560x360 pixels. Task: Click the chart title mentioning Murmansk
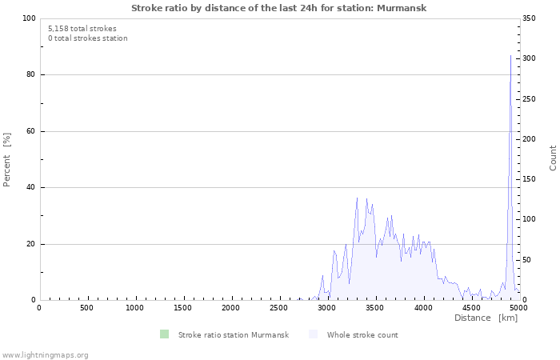[279, 8]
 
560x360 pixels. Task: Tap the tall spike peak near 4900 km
[510, 56]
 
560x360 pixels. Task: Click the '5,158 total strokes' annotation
[82, 28]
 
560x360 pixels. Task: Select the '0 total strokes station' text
[87, 38]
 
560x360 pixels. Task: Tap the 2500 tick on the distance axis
[279, 308]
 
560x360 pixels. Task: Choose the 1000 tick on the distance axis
[135, 308]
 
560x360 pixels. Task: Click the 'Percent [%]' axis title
[7, 159]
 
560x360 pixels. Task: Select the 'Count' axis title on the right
[553, 158]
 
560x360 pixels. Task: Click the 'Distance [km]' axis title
[486, 318]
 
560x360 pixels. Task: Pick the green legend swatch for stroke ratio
[164, 334]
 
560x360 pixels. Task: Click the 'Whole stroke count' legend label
[362, 334]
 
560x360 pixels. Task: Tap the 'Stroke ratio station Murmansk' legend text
[233, 334]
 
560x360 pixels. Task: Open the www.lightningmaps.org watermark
[45, 354]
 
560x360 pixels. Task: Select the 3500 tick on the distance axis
[375, 308]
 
